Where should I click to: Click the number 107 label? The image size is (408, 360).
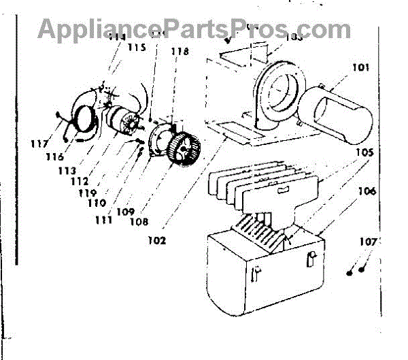pyautogui.click(x=368, y=241)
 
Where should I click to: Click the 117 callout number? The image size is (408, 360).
pyautogui.click(x=39, y=144)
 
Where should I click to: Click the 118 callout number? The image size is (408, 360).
pyautogui.click(x=180, y=52)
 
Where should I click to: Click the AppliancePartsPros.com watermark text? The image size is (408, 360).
pyautogui.click(x=194, y=29)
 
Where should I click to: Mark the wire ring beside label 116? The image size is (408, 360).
pyautogui.click(x=83, y=119)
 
